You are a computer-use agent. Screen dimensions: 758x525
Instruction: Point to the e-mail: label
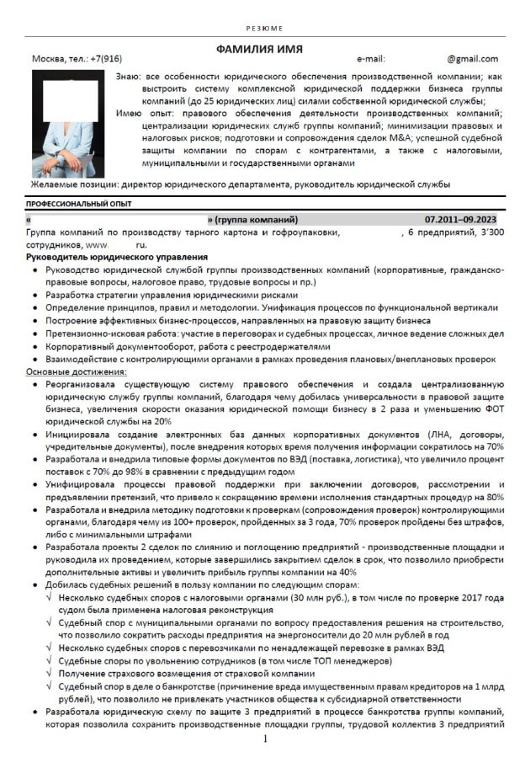[371, 59]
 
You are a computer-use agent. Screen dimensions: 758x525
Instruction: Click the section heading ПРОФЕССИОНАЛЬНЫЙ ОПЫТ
[79, 204]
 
